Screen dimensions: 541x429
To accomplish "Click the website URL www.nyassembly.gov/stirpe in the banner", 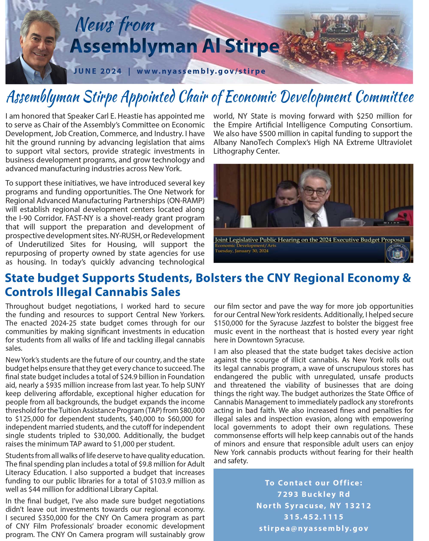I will [201, 71].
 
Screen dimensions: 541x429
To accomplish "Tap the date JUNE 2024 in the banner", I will [97, 71].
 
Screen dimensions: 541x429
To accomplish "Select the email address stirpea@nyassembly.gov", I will [314, 528].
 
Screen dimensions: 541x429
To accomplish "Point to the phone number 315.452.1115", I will [314, 517].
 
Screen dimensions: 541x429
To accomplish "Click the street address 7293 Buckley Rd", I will [314, 494].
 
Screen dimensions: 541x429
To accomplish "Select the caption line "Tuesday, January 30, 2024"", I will [241, 251].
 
